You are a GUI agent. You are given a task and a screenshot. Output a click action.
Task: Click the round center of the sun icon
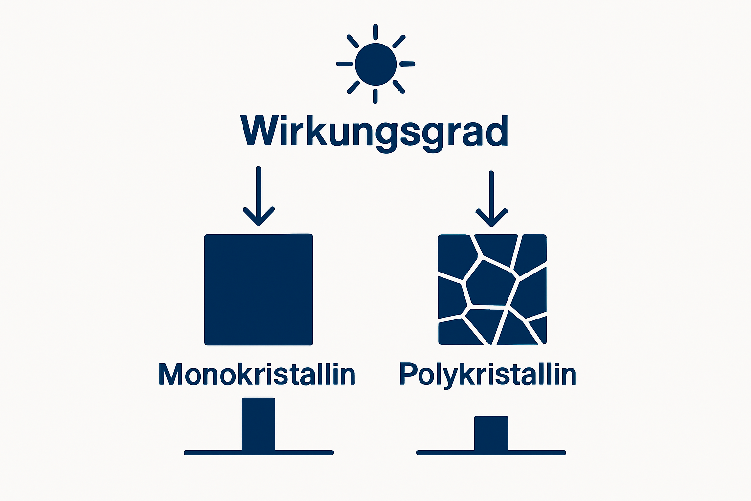375,64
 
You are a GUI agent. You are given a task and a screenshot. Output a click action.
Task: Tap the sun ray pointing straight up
375,32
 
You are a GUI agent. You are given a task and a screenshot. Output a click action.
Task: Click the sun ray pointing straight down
375,96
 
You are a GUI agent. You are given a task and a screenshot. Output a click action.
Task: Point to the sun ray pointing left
344,64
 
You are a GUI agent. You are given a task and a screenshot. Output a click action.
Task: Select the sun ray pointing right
407,64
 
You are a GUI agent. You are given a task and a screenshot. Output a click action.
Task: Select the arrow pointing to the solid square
259,196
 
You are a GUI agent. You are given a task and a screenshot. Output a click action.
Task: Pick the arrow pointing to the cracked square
491,198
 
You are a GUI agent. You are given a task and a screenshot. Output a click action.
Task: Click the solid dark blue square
259,290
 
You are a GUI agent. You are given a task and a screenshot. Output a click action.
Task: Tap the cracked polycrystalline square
492,290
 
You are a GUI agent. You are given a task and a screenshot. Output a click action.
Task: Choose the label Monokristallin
257,374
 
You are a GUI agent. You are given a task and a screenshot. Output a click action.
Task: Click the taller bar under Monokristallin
259,424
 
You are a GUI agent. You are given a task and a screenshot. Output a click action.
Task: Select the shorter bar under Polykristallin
491,433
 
